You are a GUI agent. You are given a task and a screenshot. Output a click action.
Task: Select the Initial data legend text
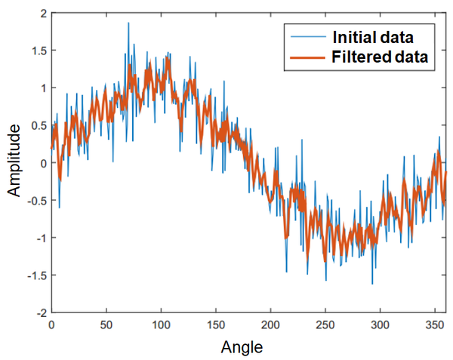tap(372, 35)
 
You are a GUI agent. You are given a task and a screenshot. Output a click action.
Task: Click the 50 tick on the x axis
tap(106, 325)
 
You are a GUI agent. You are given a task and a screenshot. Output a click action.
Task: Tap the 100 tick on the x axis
tap(160, 325)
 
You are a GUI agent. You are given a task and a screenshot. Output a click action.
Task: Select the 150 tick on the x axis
tap(215, 325)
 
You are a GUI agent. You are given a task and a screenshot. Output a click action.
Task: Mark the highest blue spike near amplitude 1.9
tap(128, 23)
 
